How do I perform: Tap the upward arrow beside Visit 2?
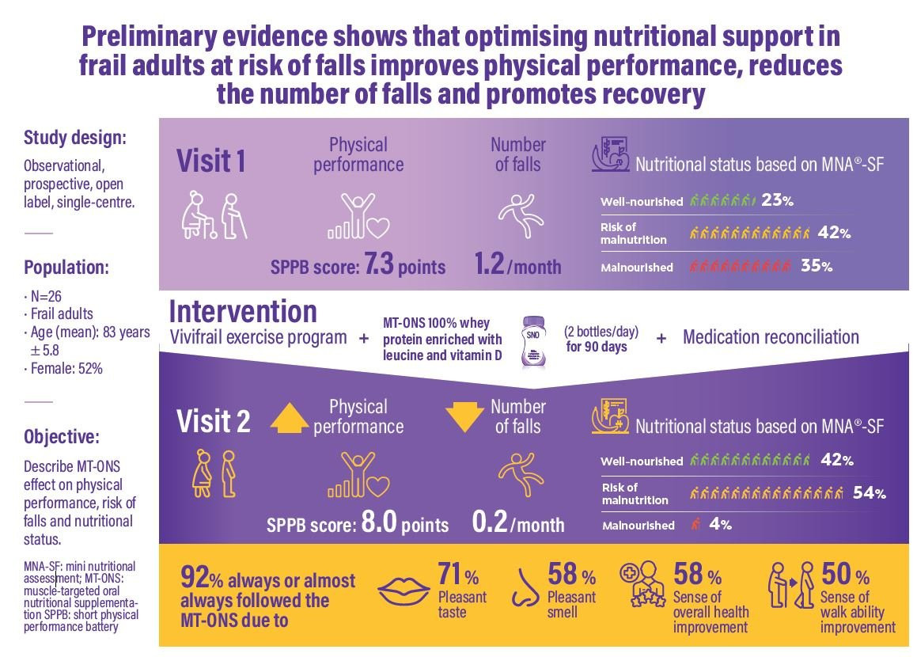tap(290, 416)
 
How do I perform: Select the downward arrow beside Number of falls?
tap(465, 416)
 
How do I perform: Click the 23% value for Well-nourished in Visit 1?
tap(777, 201)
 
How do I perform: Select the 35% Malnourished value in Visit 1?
tap(817, 267)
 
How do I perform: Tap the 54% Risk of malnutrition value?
tap(869, 493)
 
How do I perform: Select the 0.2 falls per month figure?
tap(489, 524)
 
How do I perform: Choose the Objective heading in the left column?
tap(63, 436)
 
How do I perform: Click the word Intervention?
tap(243, 311)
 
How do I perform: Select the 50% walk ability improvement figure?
tap(845, 573)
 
